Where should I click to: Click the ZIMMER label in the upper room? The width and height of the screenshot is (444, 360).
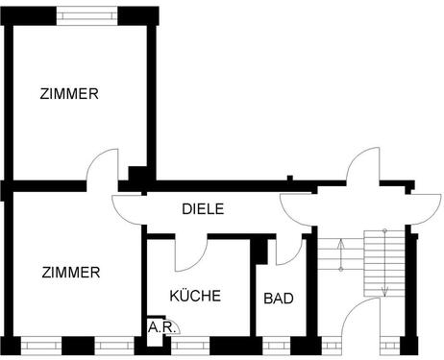pos(69,94)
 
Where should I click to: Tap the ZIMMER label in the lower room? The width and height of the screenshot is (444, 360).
pos(70,273)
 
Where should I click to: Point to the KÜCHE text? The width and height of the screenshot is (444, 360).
pos(195,296)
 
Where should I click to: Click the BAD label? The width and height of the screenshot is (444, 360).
pos(278,299)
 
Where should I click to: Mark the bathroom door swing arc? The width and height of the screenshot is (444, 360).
pos(289,251)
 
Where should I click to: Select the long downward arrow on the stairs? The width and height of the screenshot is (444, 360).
pos(384,263)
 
